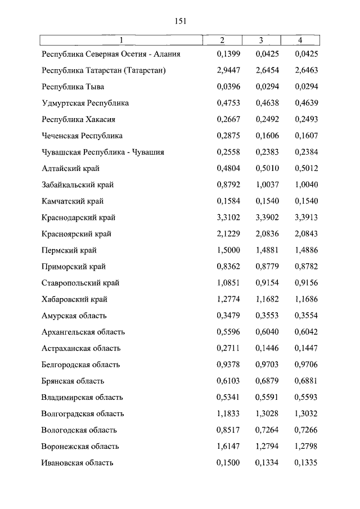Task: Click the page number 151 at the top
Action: click(x=180, y=21)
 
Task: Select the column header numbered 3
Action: click(x=261, y=40)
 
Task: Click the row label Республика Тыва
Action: click(x=73, y=87)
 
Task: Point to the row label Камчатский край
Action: click(x=73, y=201)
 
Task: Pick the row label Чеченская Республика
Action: click(x=82, y=136)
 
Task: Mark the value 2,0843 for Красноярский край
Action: click(x=306, y=234)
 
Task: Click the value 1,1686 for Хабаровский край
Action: click(x=306, y=299)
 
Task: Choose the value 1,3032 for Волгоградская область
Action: click(x=306, y=414)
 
